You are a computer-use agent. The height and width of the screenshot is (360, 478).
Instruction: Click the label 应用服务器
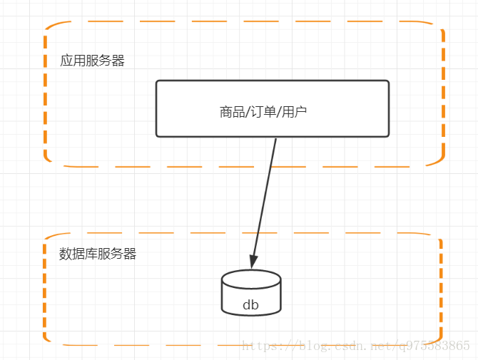coord(92,61)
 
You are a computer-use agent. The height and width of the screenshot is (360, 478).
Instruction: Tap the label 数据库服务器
coord(98,254)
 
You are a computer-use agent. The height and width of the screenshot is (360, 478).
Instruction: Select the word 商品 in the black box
coord(231,111)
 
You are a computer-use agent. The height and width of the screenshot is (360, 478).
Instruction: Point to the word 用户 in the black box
coord(295,111)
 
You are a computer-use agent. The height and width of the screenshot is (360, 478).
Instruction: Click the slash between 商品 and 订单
coord(246,111)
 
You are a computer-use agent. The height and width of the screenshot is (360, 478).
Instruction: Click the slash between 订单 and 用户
coord(278,111)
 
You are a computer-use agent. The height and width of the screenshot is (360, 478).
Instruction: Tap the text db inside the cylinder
coord(250,306)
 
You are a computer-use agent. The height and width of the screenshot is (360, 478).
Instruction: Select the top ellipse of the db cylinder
coord(251,278)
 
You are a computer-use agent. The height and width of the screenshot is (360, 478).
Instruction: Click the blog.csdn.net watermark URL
coord(356,346)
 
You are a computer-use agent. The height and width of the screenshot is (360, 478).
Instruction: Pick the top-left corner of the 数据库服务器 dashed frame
coord(47,237)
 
